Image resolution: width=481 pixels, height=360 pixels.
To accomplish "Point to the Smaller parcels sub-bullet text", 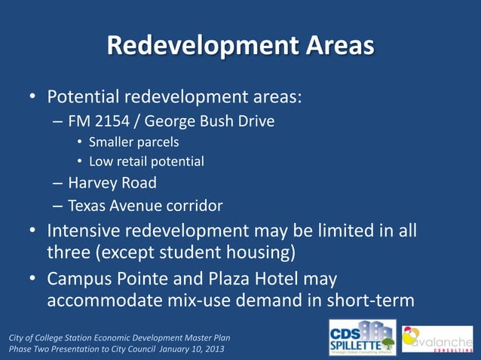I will pos(133,142).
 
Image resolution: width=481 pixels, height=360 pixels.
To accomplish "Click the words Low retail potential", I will pos(146,161).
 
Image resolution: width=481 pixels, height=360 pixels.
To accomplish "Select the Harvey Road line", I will pos(112,182).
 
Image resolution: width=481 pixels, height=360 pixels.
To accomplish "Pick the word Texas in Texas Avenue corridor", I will pos(87,205).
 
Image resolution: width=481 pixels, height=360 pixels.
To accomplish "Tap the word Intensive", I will pos(84,230).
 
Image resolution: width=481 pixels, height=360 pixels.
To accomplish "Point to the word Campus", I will pos(79,279).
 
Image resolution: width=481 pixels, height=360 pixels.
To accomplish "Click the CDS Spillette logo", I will pos(362,337).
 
